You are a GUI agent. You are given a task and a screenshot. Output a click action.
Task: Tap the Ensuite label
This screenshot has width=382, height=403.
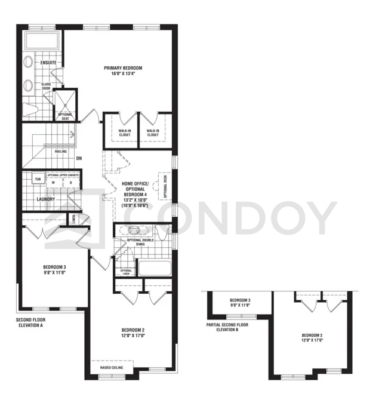point(48,62)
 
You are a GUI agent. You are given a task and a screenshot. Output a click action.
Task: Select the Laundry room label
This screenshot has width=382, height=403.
point(46,199)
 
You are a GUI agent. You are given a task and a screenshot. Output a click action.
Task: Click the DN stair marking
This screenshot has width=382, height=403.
point(78,158)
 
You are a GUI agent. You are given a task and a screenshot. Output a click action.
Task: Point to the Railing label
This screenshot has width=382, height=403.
point(61,152)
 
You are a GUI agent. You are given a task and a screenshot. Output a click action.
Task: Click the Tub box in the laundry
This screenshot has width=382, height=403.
point(38,179)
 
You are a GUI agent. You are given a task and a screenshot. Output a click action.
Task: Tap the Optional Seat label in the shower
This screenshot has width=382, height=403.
point(64,116)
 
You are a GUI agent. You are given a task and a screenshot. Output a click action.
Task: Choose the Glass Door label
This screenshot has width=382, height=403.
point(46,87)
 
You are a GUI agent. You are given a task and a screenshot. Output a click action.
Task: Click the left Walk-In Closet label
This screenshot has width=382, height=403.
point(124,133)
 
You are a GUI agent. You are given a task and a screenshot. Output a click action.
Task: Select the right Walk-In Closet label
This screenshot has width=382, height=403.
point(153,133)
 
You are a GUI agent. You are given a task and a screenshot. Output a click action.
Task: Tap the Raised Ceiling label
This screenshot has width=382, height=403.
point(112,368)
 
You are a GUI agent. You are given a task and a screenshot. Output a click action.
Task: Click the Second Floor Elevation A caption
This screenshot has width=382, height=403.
point(31,323)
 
